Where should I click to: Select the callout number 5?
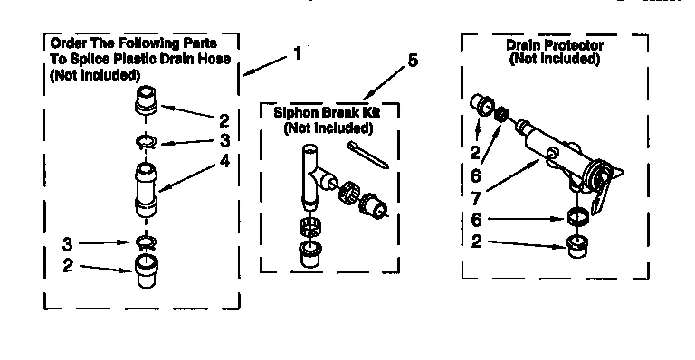[x=412, y=62]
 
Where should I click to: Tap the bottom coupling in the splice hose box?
[x=146, y=270]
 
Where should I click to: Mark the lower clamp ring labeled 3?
[x=146, y=241]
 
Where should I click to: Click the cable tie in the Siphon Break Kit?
[x=367, y=155]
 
